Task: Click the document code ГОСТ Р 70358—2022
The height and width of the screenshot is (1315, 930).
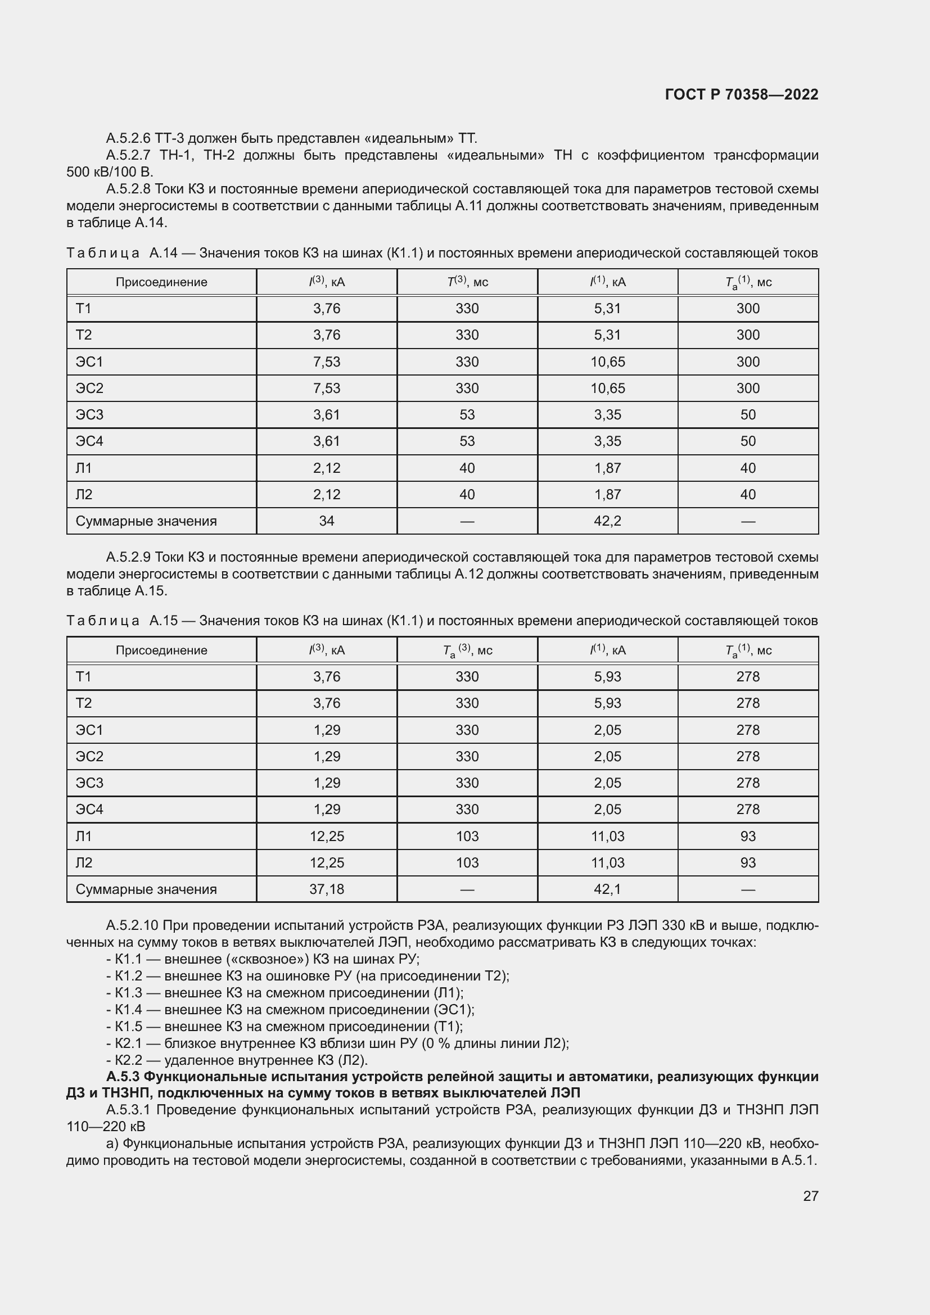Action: [x=741, y=94]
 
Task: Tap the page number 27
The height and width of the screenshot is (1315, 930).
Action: [x=810, y=1196]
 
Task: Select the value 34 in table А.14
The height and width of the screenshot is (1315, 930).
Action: [x=327, y=521]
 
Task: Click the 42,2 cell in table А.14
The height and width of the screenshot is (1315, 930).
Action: [x=607, y=521]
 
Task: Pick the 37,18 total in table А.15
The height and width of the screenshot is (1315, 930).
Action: [x=327, y=889]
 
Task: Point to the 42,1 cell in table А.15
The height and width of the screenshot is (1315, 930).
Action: [x=607, y=889]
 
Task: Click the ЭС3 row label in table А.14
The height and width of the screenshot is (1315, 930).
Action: [x=89, y=415]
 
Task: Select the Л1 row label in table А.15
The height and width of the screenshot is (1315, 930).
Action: [x=84, y=836]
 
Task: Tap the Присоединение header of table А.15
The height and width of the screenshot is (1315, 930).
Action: [x=161, y=650]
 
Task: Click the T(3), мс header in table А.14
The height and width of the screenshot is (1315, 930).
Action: [x=467, y=282]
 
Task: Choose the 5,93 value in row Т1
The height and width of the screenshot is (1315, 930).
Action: [x=607, y=676]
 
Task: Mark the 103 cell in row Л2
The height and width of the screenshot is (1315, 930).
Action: [x=467, y=862]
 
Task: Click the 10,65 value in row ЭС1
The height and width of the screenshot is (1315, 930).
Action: [x=607, y=362]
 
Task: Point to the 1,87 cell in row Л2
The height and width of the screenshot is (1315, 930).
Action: [x=607, y=494]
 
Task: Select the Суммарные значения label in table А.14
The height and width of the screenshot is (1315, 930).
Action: [x=146, y=521]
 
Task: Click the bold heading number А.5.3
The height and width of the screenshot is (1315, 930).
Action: [x=123, y=1077]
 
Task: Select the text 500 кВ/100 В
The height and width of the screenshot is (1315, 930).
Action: [x=110, y=172]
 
